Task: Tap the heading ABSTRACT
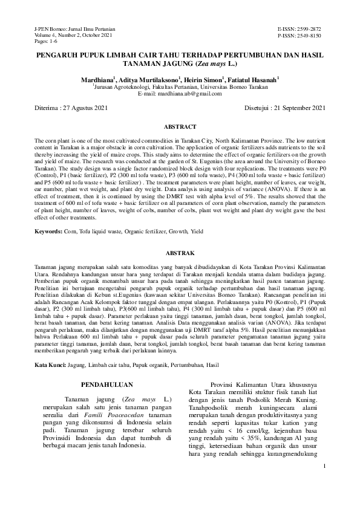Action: point(180,127)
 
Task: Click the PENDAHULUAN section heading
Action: point(108,384)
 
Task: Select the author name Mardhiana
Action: point(97,80)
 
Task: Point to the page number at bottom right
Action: point(324,484)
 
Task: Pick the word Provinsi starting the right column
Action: point(224,384)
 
